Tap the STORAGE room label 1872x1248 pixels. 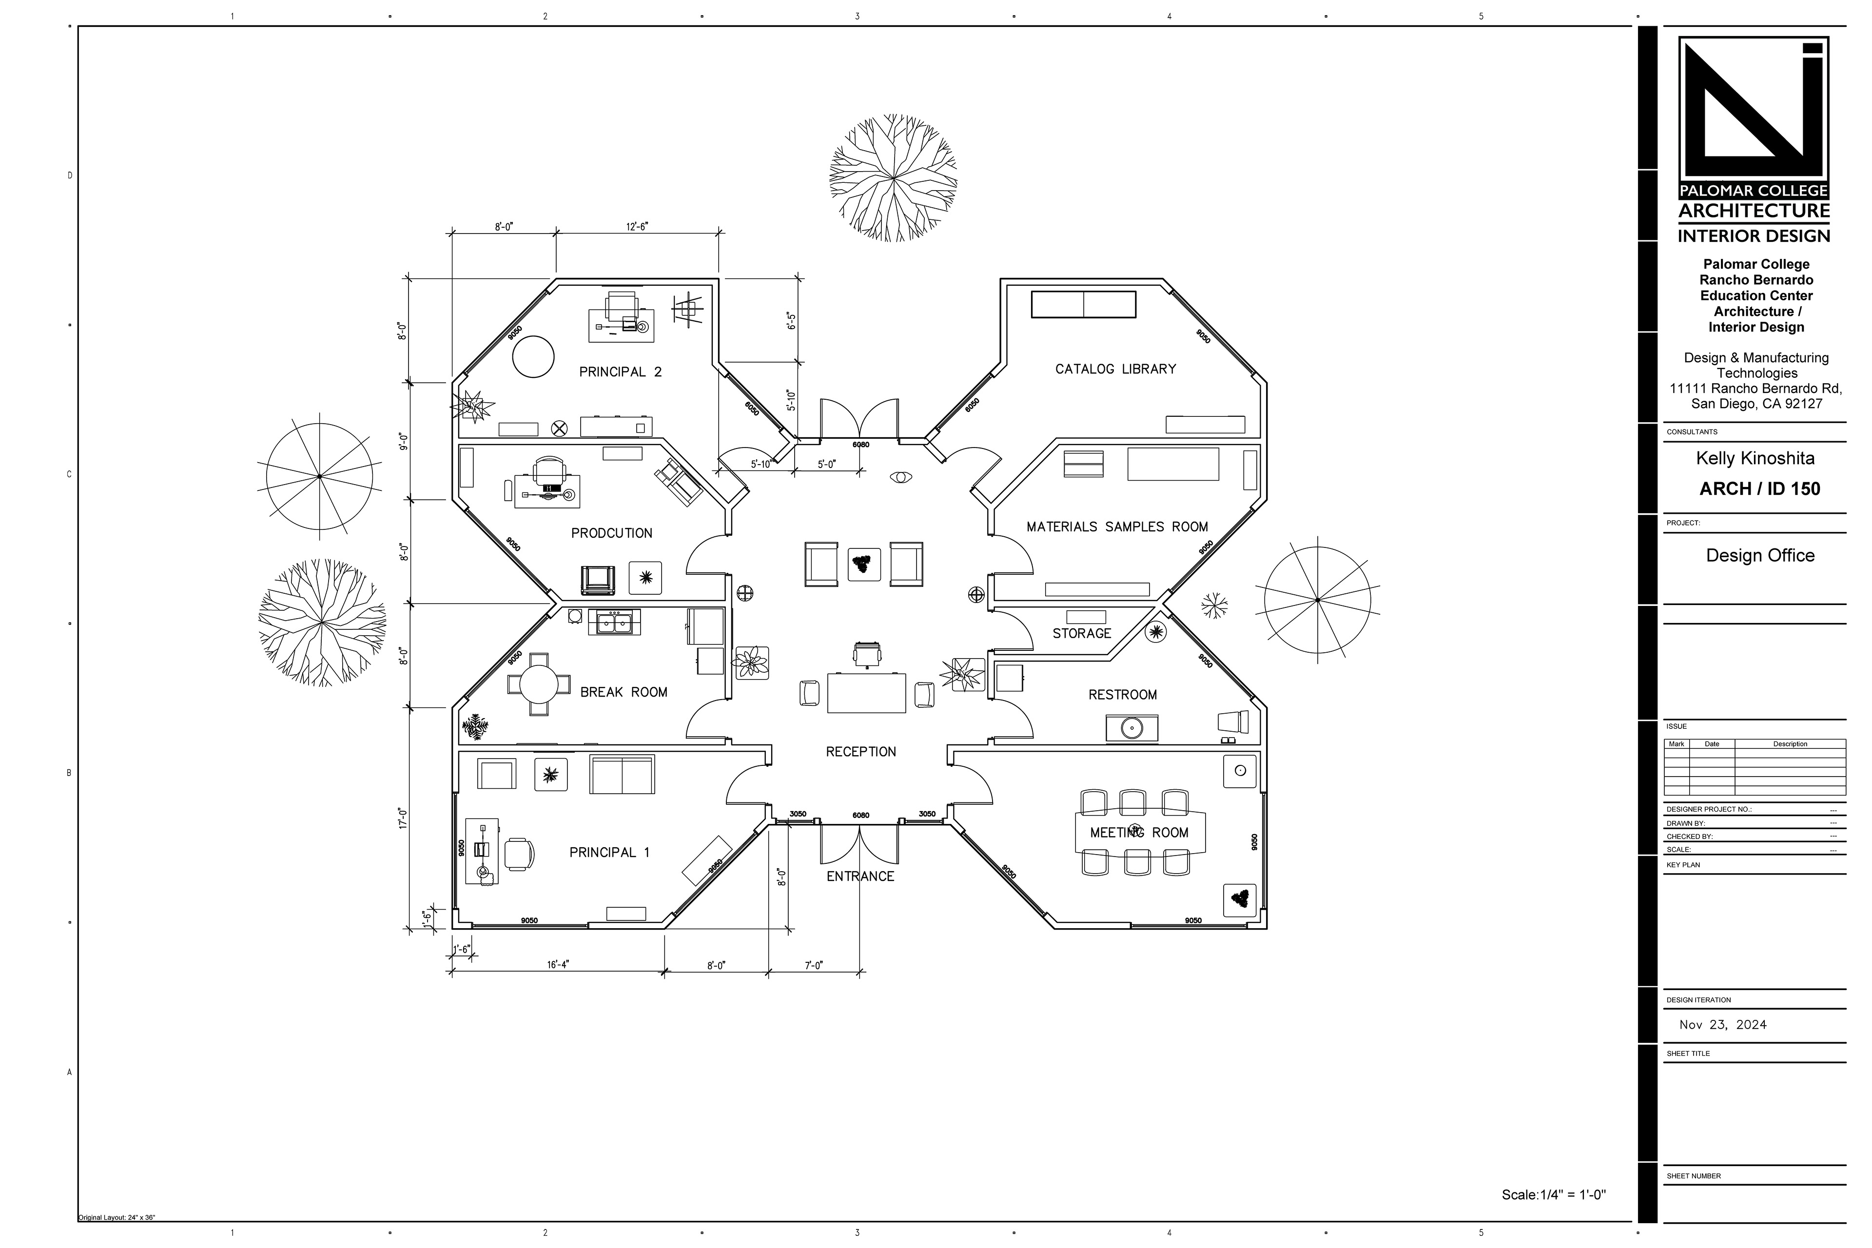click(x=1082, y=634)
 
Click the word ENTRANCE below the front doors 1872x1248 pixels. click(x=860, y=877)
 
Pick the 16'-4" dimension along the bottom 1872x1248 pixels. click(x=558, y=965)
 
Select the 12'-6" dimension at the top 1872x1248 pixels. click(x=637, y=227)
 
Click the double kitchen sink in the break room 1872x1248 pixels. click(x=614, y=623)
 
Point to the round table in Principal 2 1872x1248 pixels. click(x=532, y=356)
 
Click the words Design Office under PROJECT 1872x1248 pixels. click(x=1760, y=556)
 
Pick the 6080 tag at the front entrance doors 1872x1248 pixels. click(x=860, y=816)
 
